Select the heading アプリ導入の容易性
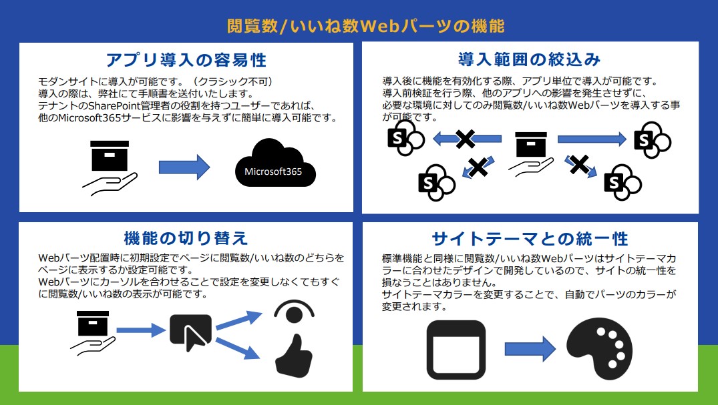point(186,60)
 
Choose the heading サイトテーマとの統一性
point(530,238)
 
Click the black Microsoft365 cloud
point(274,163)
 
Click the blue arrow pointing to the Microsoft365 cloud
point(184,166)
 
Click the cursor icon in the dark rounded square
point(190,332)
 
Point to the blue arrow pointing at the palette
point(530,348)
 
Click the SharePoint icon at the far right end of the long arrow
point(651,139)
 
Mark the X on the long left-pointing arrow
point(465,139)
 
